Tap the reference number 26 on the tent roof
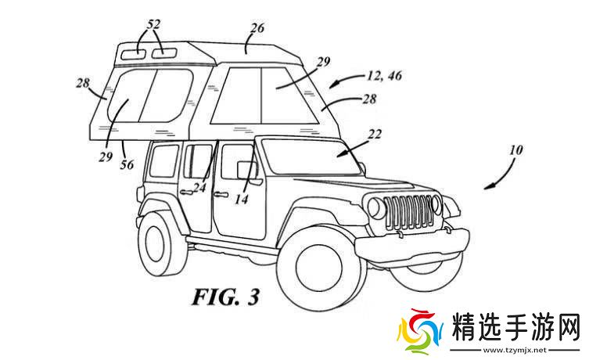[257, 29]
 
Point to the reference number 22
[375, 134]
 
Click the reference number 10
[517, 149]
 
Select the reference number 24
[201, 188]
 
